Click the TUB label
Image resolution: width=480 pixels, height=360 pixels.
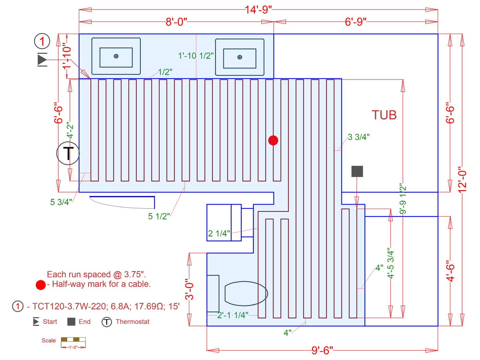[x=384, y=115]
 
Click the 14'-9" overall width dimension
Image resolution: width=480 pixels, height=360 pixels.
[x=258, y=10]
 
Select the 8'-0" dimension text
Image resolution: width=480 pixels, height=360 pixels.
[x=176, y=22]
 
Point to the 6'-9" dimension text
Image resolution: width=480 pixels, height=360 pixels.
[x=356, y=22]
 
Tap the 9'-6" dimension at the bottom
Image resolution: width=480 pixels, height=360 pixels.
[x=322, y=350]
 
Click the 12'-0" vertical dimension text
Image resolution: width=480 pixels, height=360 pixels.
[x=462, y=179]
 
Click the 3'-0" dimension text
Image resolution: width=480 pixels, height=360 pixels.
[x=189, y=289]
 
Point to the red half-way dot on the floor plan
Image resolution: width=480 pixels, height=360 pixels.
[x=273, y=140]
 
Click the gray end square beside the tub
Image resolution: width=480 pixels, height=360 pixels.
[x=357, y=171]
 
